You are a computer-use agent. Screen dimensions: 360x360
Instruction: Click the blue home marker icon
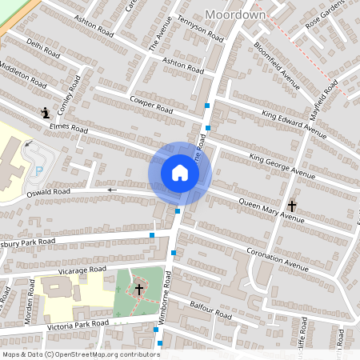click(x=180, y=173)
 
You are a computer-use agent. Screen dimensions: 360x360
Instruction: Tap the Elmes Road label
click(x=69, y=127)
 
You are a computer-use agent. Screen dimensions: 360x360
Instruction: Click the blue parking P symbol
click(x=38, y=170)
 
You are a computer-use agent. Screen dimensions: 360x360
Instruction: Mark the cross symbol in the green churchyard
click(x=139, y=288)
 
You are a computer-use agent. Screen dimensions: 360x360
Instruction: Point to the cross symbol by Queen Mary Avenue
click(x=292, y=206)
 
